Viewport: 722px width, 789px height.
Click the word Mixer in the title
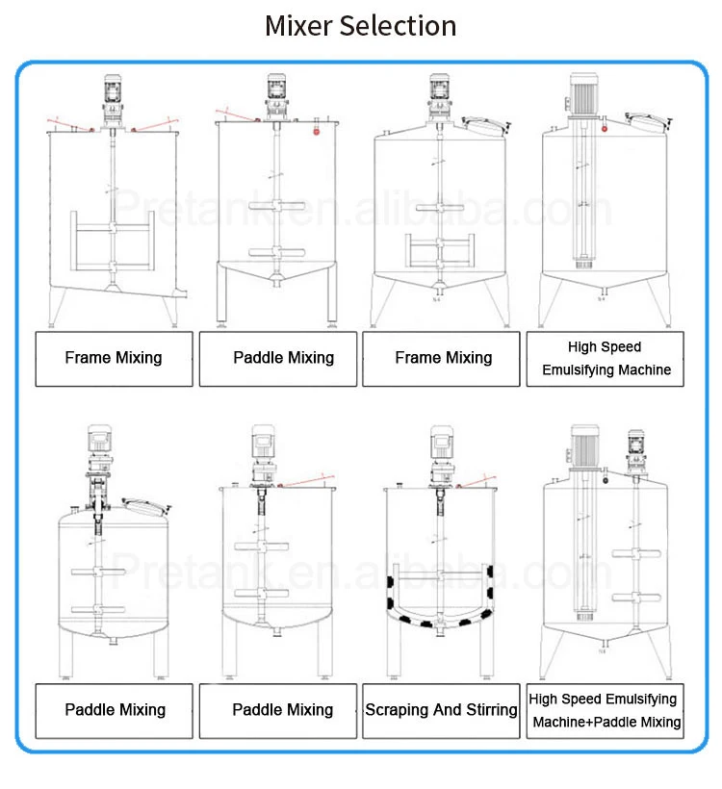(x=297, y=25)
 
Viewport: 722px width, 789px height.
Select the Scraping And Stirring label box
(x=441, y=710)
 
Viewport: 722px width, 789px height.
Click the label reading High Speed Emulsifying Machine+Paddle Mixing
(x=605, y=711)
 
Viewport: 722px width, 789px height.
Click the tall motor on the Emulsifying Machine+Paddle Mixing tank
(x=583, y=448)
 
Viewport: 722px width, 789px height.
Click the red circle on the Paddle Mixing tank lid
(x=315, y=136)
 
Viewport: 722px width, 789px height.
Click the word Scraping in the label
(x=398, y=710)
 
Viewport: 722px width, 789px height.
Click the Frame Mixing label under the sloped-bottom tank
(x=114, y=358)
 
